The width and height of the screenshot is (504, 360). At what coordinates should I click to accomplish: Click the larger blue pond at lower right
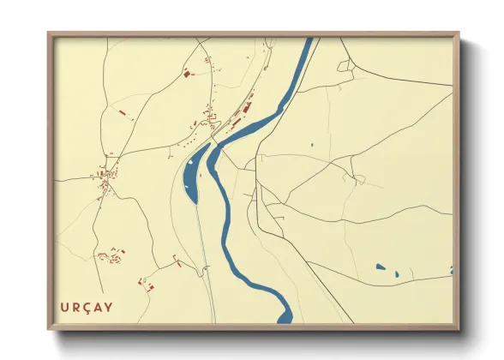381,267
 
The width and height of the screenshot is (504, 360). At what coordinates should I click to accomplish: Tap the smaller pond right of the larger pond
396,274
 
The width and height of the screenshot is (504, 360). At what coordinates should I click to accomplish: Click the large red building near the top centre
187,75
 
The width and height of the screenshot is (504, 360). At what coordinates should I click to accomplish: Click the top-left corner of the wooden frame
49,34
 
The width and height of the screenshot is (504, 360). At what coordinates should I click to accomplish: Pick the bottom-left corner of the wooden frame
49,327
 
